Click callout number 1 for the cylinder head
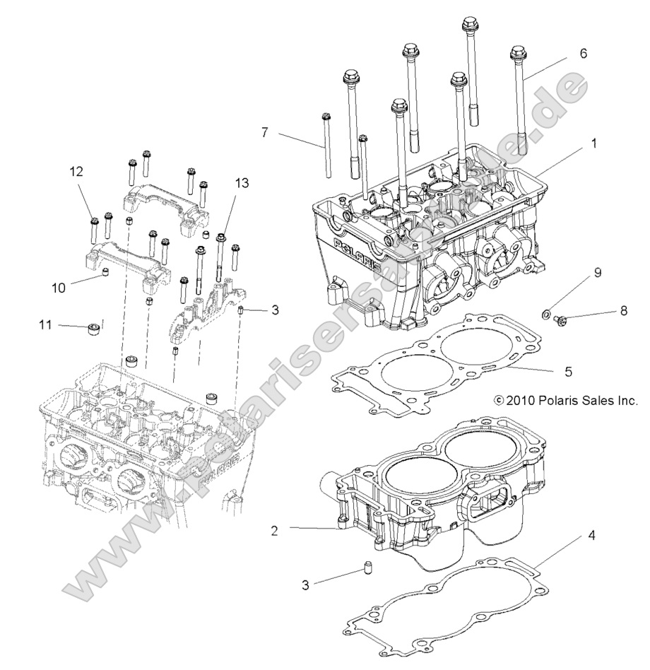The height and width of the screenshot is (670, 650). coord(593,142)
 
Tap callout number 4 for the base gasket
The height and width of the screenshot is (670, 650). coord(591,536)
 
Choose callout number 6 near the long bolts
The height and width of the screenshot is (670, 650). coord(582,53)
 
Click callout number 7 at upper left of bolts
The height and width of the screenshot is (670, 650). coord(264,131)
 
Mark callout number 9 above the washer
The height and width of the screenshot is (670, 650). coord(597,272)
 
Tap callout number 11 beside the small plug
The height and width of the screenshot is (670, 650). coord(46,324)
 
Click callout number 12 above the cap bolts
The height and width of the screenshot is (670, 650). coord(76,170)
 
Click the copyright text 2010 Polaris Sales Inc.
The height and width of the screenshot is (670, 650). coord(566,401)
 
